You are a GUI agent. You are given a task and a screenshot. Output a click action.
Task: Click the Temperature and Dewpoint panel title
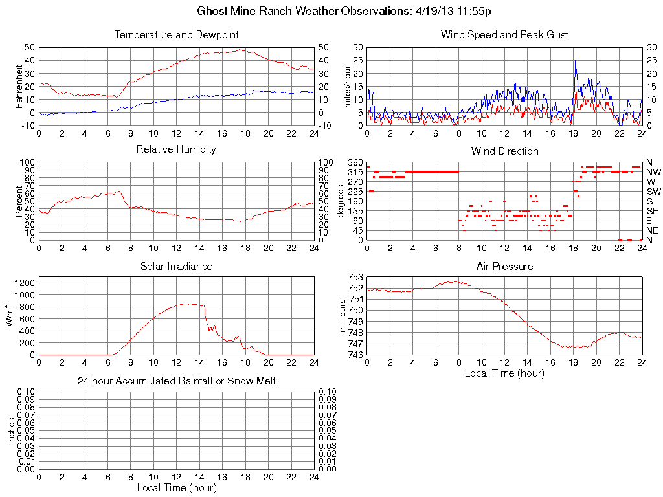(x=176, y=34)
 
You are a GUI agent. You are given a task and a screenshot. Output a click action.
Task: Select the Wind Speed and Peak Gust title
(x=504, y=34)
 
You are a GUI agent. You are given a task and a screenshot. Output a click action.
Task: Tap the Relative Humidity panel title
(x=176, y=149)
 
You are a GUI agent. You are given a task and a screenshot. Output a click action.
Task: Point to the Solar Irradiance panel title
(x=176, y=266)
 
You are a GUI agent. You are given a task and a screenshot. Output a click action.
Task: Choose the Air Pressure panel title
(x=504, y=266)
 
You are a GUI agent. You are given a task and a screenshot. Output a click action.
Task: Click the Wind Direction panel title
(x=504, y=151)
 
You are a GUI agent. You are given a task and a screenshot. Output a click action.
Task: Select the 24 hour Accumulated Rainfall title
(x=176, y=381)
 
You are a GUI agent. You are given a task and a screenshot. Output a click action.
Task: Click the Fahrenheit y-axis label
(x=19, y=86)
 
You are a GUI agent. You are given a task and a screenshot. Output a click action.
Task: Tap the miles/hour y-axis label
(x=347, y=86)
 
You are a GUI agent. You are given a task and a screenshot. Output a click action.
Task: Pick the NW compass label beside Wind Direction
(x=653, y=172)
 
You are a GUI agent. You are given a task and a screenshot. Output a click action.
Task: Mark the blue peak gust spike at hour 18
(x=575, y=61)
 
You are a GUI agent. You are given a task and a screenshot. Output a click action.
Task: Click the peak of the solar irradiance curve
(x=187, y=304)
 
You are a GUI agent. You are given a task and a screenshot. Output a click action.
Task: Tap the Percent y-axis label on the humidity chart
(x=19, y=201)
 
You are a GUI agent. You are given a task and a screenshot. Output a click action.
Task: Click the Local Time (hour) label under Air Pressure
(x=504, y=373)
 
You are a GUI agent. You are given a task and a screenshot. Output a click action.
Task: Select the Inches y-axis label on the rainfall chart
(x=12, y=430)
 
